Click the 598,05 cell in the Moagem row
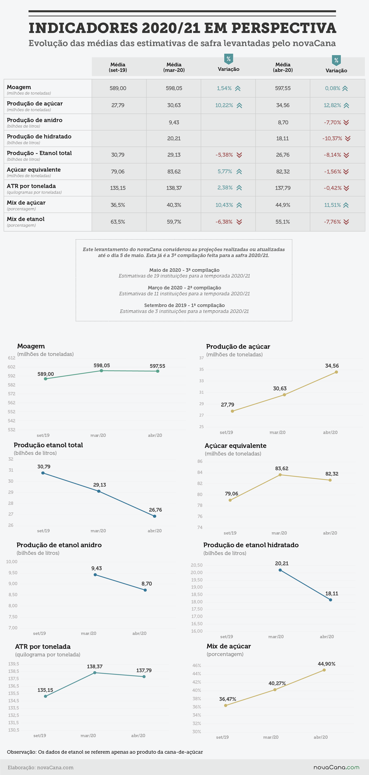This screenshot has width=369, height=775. point(174,88)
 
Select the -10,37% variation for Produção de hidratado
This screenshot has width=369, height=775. point(332,138)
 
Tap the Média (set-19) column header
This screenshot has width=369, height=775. point(118,67)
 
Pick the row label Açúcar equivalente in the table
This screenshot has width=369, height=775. point(34,170)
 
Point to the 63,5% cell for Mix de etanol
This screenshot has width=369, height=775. point(118,222)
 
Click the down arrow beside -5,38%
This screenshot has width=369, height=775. point(239,155)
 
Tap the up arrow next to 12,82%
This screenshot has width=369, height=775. point(346,105)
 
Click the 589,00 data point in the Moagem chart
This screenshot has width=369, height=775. point(46,379)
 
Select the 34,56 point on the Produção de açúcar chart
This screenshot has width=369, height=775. point(336,372)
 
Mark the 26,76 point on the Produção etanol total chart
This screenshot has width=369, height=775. point(155,516)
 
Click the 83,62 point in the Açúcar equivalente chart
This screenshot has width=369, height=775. point(280,475)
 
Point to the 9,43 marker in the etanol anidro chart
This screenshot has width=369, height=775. point(95,575)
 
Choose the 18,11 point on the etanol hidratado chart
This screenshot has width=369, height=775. point(330,600)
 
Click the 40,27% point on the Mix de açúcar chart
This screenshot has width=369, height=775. point(275,690)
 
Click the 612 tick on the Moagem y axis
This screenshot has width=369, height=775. point(11,358)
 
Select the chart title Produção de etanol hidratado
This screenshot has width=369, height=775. point(251,545)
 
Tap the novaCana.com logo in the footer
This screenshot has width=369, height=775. point(336,767)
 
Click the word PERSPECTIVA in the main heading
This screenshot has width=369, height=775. point(284,28)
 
